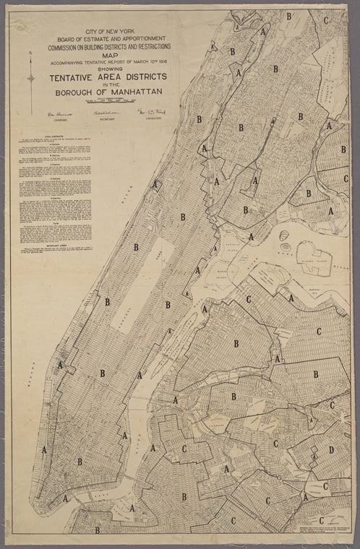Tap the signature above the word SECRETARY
(x=106, y=112)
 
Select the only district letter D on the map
(x=331, y=450)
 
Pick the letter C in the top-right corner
(x=326, y=20)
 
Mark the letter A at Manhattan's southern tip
(x=66, y=498)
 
